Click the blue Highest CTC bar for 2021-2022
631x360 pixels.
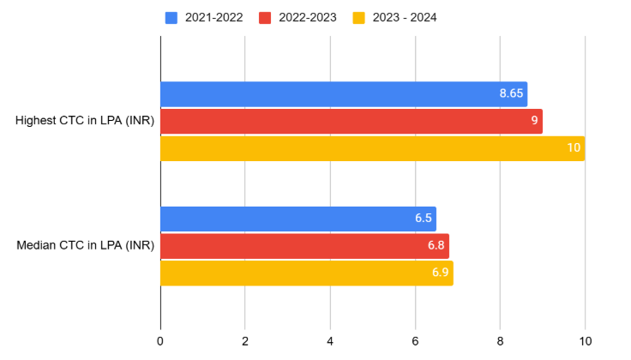click(343, 94)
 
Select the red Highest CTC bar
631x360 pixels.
click(351, 121)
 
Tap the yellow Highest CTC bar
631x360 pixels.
click(372, 148)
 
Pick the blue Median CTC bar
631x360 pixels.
click(297, 219)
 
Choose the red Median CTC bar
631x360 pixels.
click(304, 246)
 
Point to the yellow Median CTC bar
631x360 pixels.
click(306, 273)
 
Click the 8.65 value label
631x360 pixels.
click(512, 94)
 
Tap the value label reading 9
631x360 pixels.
click(534, 121)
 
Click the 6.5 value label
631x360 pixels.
click(423, 219)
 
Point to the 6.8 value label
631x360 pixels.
click(436, 246)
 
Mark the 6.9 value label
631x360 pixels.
click(440, 273)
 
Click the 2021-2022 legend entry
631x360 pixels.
click(206, 17)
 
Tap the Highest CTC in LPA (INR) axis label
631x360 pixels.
click(85, 121)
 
